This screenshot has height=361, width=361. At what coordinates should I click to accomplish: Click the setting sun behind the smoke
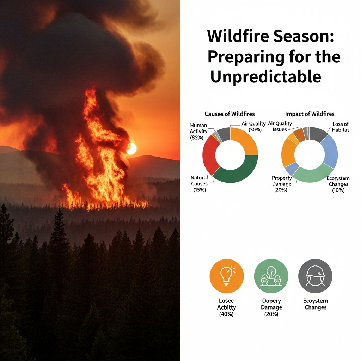coord(131,149)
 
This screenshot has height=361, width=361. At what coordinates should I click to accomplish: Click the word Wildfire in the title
coord(238,36)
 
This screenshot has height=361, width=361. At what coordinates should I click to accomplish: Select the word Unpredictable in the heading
coord(266,77)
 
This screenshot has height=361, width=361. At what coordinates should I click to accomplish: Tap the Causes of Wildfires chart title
coord(230,114)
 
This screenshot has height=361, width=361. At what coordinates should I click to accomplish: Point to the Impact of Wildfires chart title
coord(310,114)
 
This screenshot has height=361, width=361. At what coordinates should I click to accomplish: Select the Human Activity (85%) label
coord(198,131)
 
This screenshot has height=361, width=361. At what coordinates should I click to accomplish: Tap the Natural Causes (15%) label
coord(200,184)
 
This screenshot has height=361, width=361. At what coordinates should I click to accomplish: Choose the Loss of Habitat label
coord(340,127)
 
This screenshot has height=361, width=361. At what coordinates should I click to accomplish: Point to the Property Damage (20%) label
coord(282,184)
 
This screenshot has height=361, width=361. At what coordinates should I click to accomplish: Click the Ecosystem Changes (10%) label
coord(338,184)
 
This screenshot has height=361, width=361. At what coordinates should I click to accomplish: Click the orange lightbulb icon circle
coord(227,276)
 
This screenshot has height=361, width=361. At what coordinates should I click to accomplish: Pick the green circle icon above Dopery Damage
coord(271,276)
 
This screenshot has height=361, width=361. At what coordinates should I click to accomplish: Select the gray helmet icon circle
coord(315,276)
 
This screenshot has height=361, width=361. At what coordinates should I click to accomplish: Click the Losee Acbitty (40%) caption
coord(227,307)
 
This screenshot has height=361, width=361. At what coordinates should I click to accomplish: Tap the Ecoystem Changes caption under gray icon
coord(316,304)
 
